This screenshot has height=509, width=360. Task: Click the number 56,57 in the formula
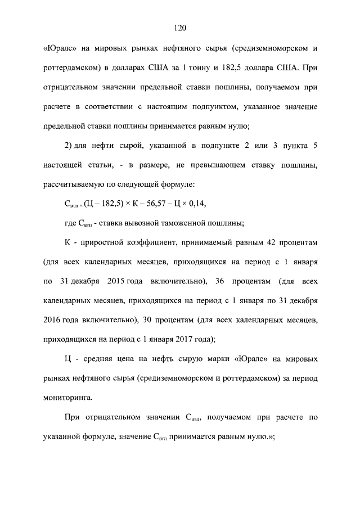coord(155,203)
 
